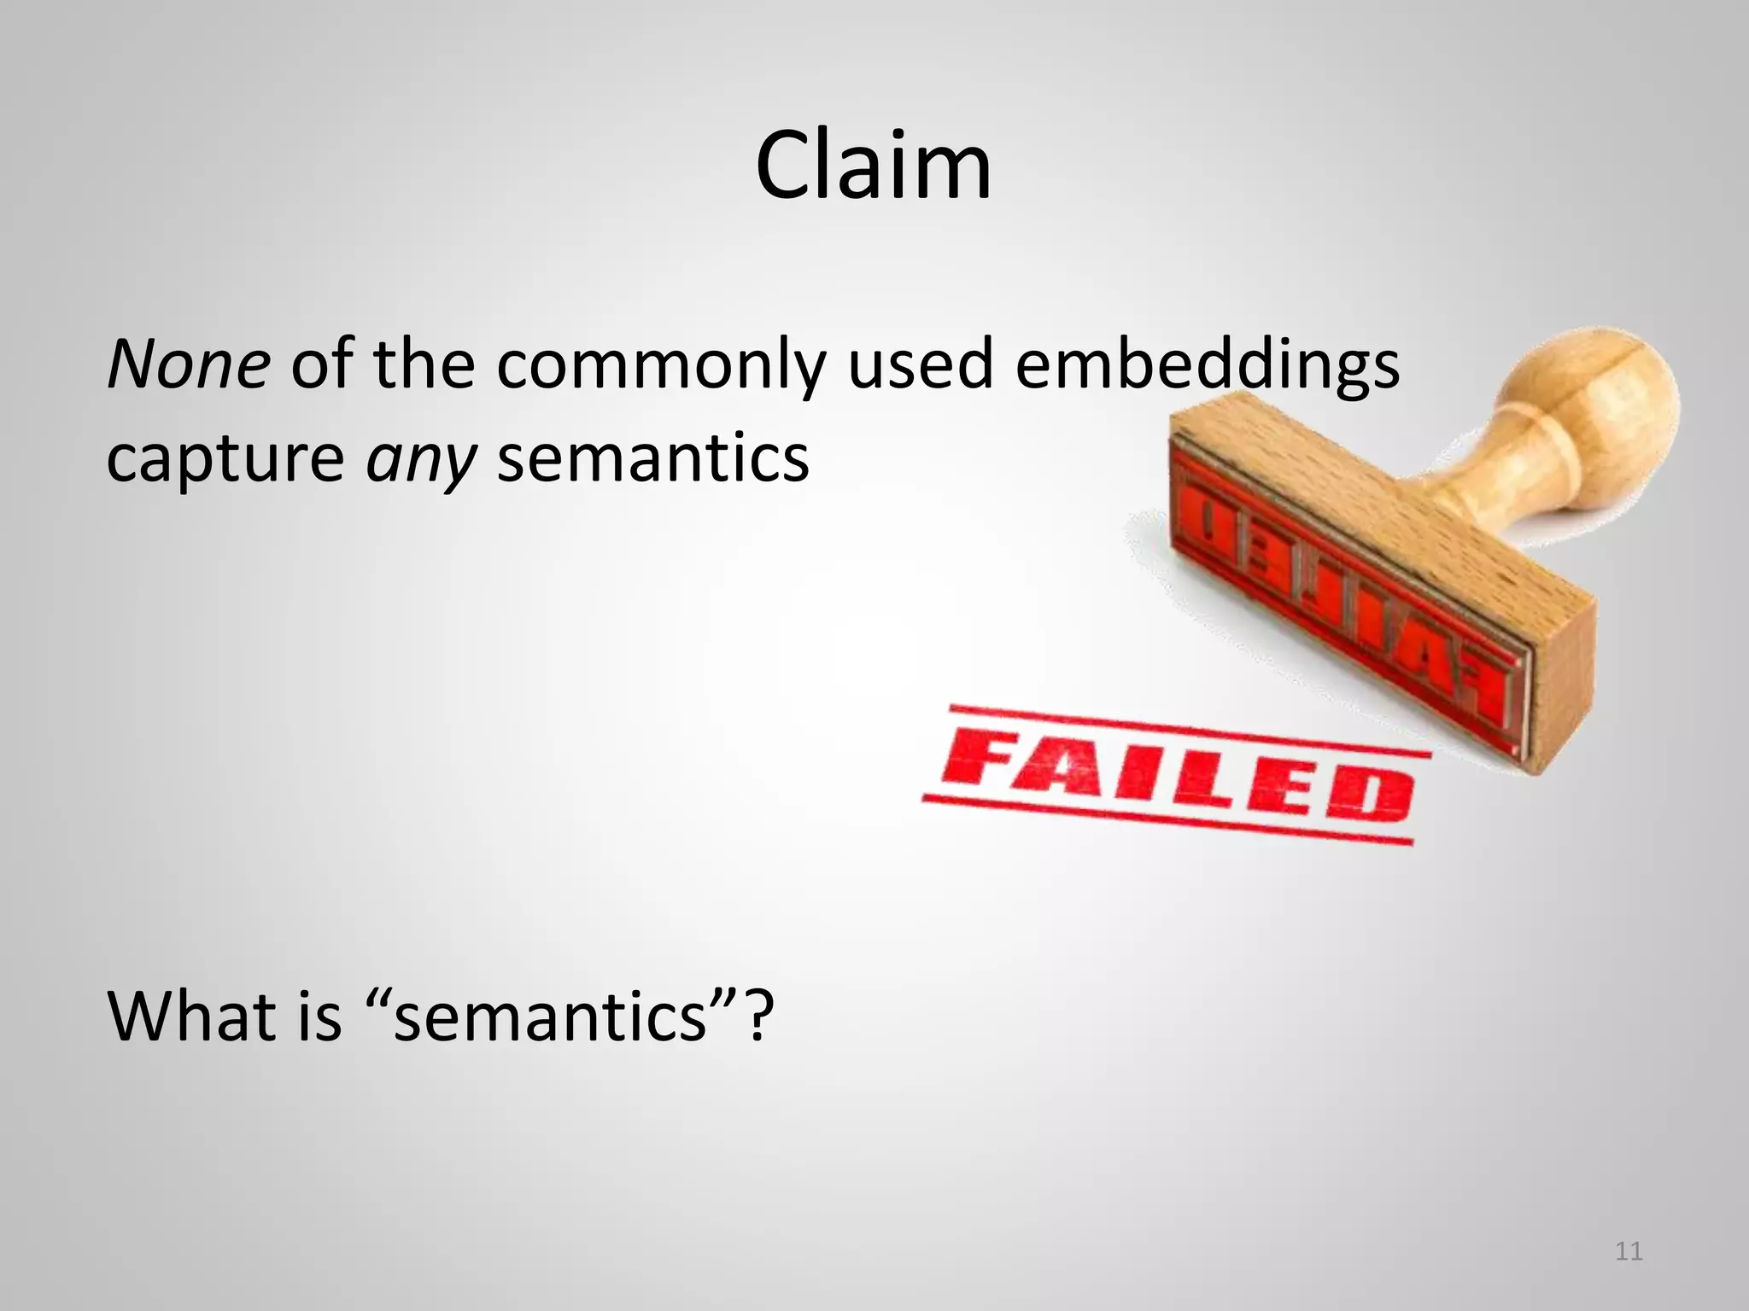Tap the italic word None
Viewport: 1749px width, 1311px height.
189,364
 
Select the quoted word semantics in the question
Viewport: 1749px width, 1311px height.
551,1017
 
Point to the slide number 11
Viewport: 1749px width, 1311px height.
1629,1251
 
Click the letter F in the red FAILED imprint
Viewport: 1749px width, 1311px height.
982,758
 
